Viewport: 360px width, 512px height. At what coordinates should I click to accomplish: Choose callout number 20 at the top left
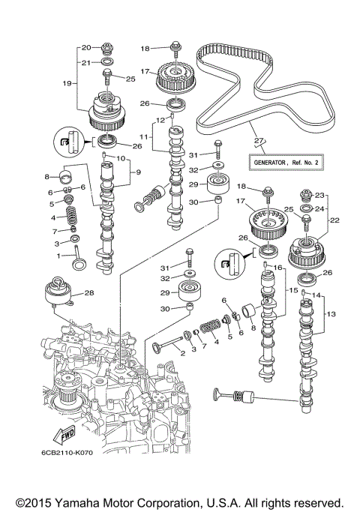(85, 46)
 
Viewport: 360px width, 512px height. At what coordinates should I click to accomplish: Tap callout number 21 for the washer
(85, 62)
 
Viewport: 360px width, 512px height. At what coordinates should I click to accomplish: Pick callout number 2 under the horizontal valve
(182, 352)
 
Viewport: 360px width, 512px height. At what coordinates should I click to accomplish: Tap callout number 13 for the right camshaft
(332, 313)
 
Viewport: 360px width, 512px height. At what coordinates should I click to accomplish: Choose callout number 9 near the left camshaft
(136, 172)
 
